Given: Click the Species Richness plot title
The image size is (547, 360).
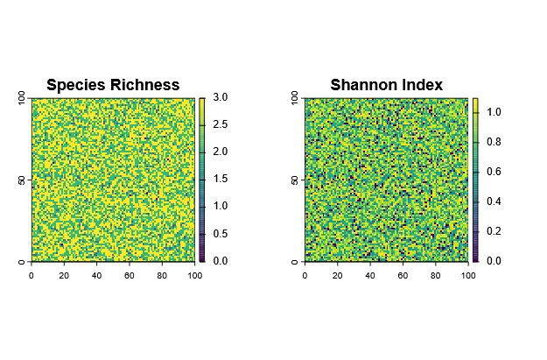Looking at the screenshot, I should click(x=113, y=85).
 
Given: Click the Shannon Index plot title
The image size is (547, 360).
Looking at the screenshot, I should click(x=386, y=85).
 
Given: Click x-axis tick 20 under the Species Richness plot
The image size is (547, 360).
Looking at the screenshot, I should click(x=64, y=275).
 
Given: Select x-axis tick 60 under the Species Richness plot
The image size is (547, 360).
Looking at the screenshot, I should click(x=130, y=275).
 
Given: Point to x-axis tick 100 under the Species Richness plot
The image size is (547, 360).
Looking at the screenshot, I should click(x=194, y=275).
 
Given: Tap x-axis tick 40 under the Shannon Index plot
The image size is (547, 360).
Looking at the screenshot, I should click(x=370, y=275).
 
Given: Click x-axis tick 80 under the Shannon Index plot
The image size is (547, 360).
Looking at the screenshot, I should click(x=435, y=275).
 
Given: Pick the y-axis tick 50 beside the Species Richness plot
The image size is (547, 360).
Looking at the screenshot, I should click(x=20, y=180).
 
